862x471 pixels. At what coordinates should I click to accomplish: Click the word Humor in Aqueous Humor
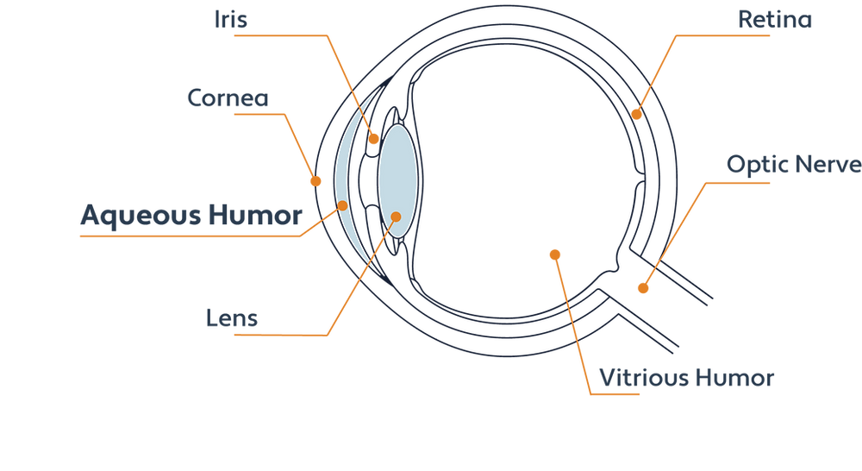255,215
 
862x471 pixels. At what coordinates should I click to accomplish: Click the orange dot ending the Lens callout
397,217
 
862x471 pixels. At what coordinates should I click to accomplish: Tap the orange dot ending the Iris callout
375,138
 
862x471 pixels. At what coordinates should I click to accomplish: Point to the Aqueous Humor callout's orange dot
342,205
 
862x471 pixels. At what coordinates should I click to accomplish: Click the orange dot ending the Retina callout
638,112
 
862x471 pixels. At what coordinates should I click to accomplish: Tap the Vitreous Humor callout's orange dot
553,254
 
